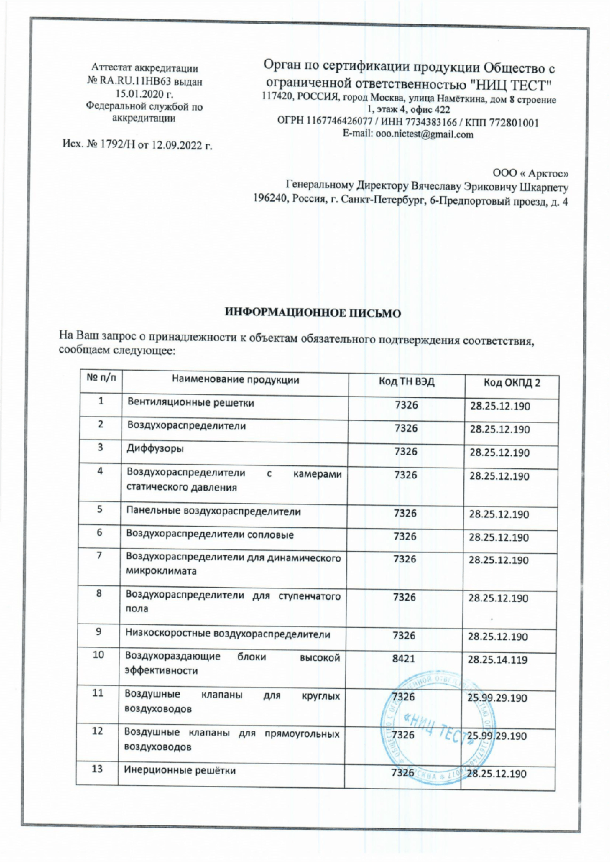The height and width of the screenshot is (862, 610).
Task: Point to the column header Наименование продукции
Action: pyautogui.click(x=236, y=380)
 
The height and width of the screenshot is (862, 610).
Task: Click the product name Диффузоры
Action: pyautogui.click(x=155, y=449)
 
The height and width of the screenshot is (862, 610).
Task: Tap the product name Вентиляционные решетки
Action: pyautogui.click(x=191, y=403)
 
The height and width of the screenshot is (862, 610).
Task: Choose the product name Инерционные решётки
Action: pyautogui.click(x=180, y=770)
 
